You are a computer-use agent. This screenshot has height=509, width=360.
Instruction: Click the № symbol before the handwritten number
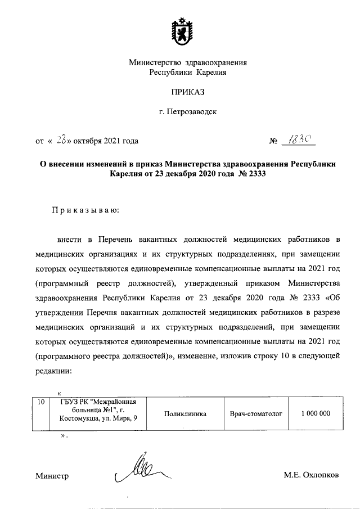275,141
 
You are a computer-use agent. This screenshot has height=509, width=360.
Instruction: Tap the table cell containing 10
40,402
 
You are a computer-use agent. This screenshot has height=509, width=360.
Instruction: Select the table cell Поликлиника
185,414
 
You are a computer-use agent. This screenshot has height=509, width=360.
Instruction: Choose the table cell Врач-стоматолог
255,414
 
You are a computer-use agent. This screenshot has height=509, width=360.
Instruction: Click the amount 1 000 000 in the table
315,414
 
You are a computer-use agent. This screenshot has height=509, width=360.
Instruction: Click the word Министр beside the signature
52,476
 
